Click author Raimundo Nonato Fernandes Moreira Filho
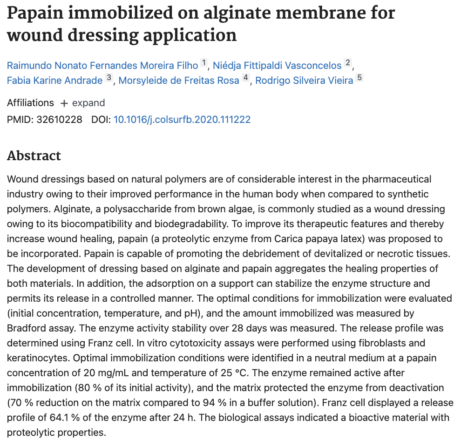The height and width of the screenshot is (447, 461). [102, 64]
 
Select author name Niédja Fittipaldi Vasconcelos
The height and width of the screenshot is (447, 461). [277, 64]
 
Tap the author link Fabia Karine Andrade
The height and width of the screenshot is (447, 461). [54, 80]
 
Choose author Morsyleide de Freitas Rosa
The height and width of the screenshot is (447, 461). [179, 80]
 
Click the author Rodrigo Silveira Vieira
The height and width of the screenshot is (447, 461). [305, 80]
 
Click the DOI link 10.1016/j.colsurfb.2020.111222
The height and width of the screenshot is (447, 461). [182, 120]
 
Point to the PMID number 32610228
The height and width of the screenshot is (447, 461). [59, 120]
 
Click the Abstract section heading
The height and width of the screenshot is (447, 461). [34, 156]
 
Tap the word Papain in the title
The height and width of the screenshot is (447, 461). [34, 13]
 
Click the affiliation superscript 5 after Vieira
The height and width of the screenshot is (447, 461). [359, 78]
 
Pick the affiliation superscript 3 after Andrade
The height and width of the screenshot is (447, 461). [108, 78]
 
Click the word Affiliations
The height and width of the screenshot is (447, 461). [30, 103]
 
